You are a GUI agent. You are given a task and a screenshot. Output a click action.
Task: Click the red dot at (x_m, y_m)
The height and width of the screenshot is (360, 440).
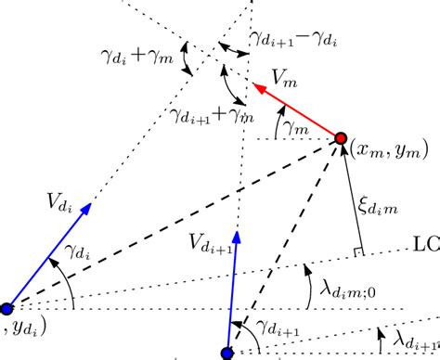coord(341,139)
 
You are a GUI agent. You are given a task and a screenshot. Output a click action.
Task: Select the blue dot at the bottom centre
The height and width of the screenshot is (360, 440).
coord(227,353)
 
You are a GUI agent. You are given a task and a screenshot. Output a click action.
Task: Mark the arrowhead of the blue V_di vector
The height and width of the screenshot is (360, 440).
coord(90,205)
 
